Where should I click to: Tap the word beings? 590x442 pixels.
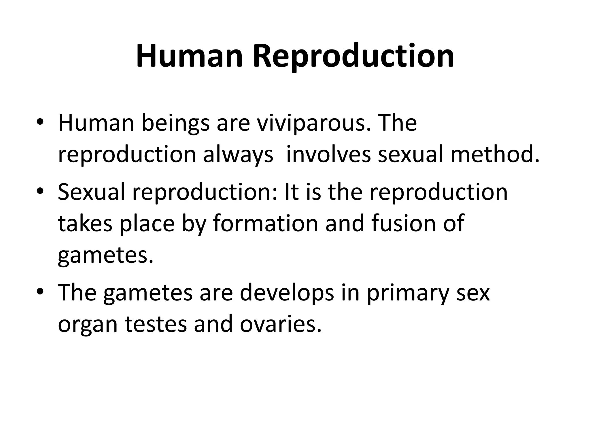(175, 123)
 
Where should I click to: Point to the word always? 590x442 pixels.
(238, 155)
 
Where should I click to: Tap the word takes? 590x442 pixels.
(85, 224)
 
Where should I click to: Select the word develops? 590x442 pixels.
(287, 293)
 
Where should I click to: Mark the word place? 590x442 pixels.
(147, 224)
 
